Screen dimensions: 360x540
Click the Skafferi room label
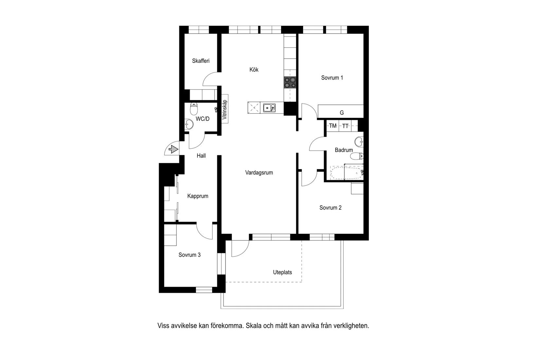point(201,61)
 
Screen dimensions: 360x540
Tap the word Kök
point(254,69)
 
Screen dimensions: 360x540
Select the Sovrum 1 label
point(332,78)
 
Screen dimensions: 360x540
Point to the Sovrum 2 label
point(331,208)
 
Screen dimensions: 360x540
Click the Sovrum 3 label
point(189,255)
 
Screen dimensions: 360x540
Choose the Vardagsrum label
point(259,173)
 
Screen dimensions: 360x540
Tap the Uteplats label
point(282,272)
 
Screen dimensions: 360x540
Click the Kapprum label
point(198,196)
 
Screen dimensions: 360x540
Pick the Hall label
point(201,156)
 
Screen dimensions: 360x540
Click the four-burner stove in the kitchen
point(290,82)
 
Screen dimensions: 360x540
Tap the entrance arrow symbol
point(173,150)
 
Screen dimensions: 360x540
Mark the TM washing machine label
point(333,126)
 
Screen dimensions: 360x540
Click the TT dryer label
point(345,126)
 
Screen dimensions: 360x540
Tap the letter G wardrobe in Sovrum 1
point(342,113)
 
